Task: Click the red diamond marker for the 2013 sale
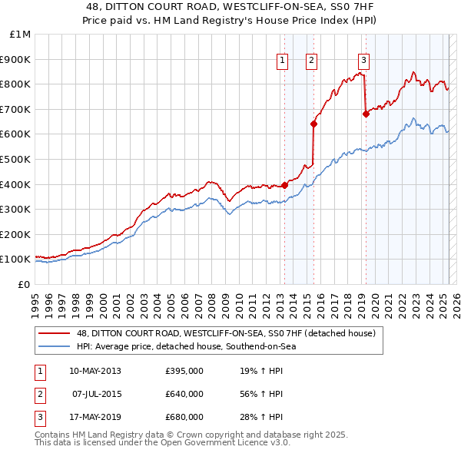[284, 185]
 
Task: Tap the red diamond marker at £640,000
[313, 124]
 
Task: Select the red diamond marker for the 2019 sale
[366, 114]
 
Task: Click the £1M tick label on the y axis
[21, 35]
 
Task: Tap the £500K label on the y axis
[16, 159]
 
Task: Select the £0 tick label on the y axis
[23, 284]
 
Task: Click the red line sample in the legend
[54, 333]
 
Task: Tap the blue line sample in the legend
[54, 346]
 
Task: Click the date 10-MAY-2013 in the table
[95, 372]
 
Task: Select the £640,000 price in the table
[184, 394]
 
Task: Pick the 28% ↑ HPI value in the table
[261, 417]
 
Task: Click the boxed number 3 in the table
[38, 417]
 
